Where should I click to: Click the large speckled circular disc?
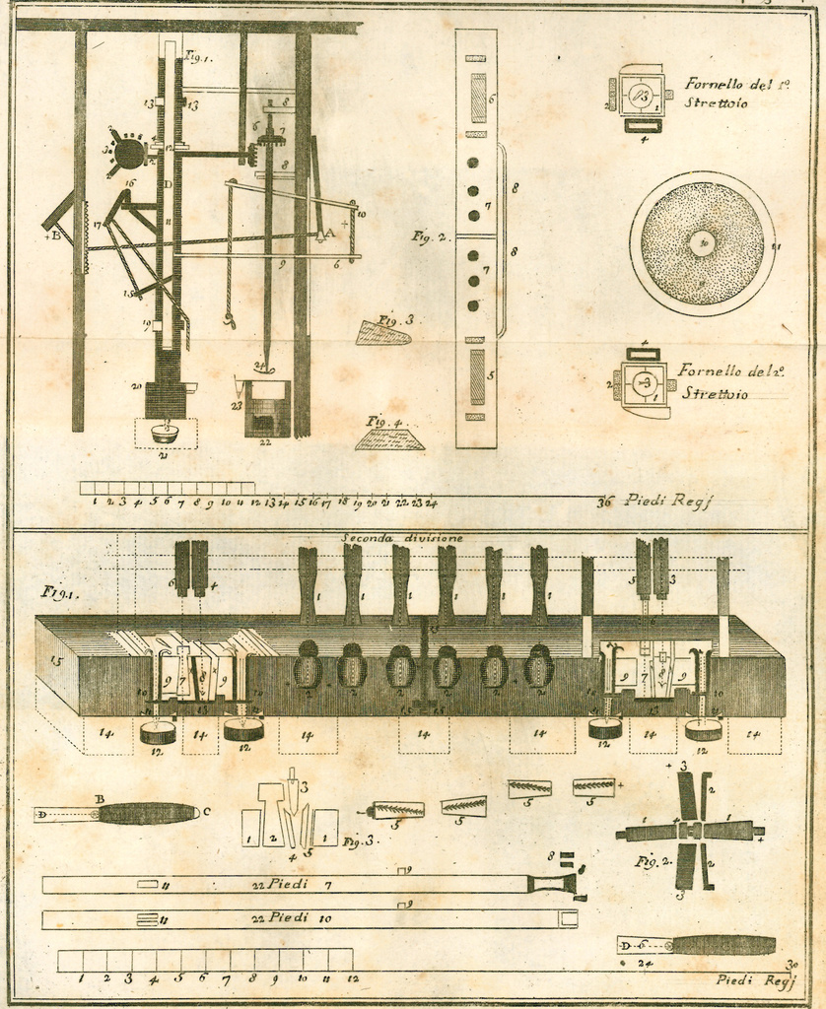702,243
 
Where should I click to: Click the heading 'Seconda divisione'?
401,538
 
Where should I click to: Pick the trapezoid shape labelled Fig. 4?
389,438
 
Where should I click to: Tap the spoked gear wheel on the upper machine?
128,153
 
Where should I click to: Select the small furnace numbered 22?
267,409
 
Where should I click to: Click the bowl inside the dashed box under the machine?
165,433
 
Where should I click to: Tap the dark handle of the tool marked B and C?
148,814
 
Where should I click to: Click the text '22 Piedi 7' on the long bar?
291,885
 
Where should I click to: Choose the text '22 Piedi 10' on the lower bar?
292,918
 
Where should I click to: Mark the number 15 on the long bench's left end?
55,662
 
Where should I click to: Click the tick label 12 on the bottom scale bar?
352,979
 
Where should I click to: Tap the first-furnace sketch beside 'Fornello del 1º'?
641,97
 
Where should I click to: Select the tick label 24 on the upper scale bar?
431,503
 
